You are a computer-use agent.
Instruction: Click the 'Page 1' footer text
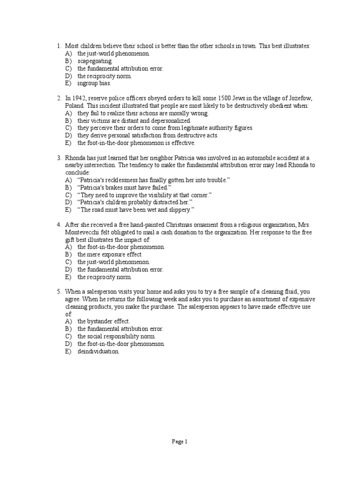pyautogui.click(x=180, y=441)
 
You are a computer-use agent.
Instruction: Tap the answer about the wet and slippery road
pyautogui.click(x=135, y=210)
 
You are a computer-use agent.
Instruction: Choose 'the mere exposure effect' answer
pyautogui.click(x=110, y=254)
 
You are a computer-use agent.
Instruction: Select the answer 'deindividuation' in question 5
pyautogui.click(x=98, y=352)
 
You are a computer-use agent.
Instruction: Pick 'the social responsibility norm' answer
pyautogui.click(x=116, y=337)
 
